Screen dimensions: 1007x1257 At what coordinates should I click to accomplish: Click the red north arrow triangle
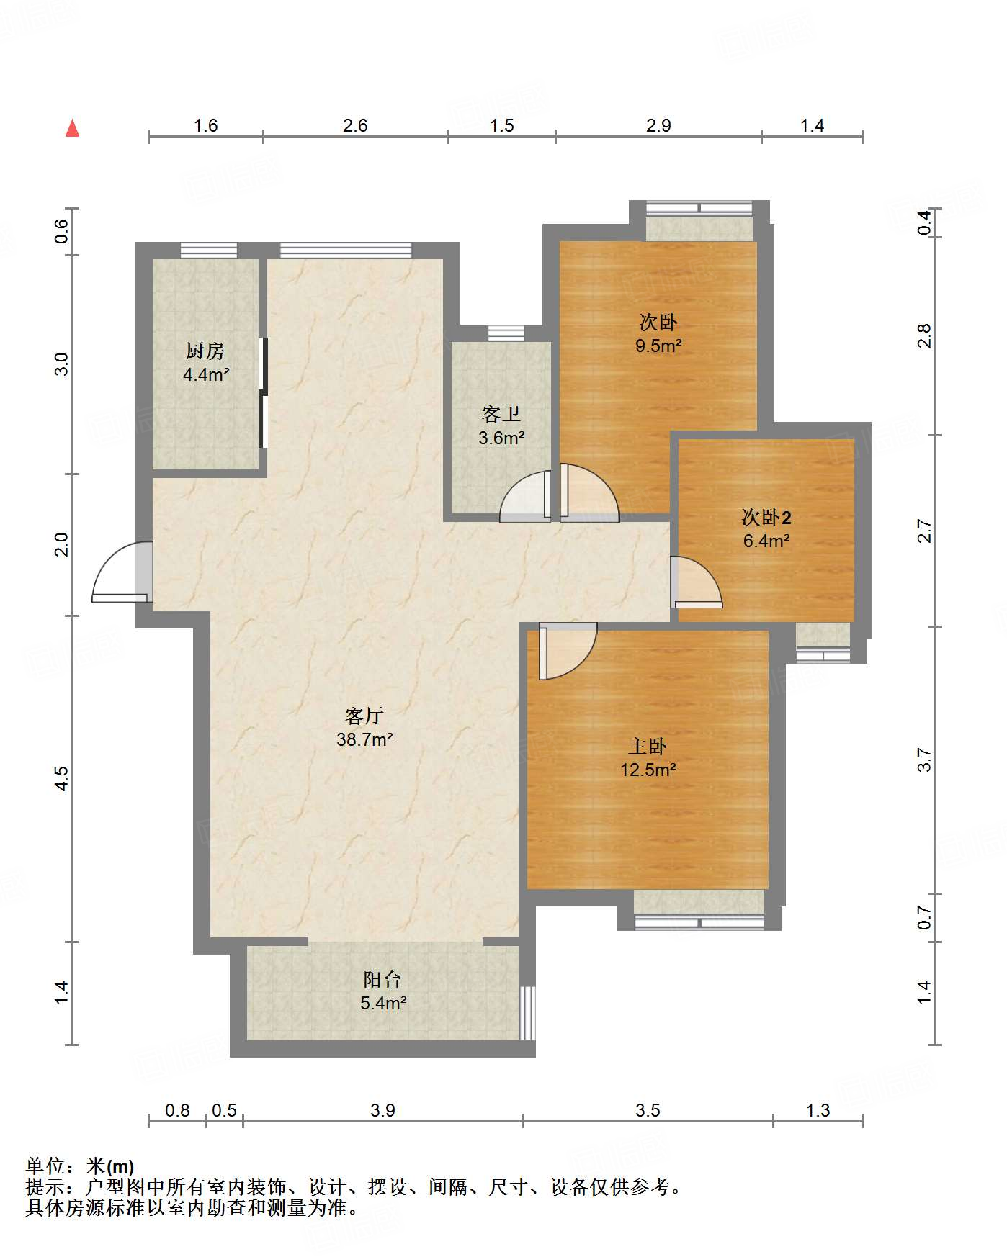coord(72,128)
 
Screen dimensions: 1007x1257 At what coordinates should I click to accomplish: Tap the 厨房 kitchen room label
coord(205,351)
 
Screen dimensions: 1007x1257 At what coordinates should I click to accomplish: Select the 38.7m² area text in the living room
coord(364,739)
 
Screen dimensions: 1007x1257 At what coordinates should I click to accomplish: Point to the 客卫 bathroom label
coord(501,414)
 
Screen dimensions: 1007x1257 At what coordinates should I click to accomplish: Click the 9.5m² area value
coord(658,346)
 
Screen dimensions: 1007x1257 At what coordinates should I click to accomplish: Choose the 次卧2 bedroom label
coord(766,517)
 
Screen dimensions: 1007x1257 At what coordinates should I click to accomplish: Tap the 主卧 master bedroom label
coord(648,747)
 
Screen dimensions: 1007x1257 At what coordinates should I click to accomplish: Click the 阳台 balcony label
coord(382,979)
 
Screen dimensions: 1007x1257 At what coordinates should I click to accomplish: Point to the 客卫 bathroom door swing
coord(526,496)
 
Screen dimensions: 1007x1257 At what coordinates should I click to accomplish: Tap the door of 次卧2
coord(696,582)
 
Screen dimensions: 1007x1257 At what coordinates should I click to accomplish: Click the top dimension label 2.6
coord(355,126)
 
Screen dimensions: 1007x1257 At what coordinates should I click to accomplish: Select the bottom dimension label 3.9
coord(383,1110)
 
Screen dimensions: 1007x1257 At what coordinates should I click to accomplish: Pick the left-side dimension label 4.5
coord(62,778)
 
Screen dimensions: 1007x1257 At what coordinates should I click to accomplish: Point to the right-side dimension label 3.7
coord(924,760)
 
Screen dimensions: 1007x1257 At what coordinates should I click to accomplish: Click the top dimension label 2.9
coord(658,126)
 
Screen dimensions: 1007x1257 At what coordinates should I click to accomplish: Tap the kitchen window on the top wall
coord(208,251)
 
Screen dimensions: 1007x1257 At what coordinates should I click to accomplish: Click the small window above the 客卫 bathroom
coord(506,333)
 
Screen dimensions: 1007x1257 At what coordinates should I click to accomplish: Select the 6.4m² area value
coord(766,541)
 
